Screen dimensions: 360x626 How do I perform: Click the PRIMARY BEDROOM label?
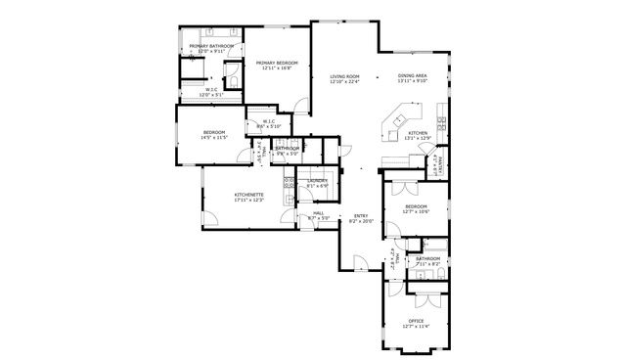pyautogui.click(x=277, y=63)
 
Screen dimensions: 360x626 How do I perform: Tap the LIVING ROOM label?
pyautogui.click(x=344, y=76)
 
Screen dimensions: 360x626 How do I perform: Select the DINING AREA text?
pyautogui.click(x=412, y=76)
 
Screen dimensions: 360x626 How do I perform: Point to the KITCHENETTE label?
pyautogui.click(x=249, y=195)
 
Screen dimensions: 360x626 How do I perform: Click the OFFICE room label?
pyautogui.click(x=416, y=321)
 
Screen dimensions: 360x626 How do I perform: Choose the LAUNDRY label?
pyautogui.click(x=317, y=181)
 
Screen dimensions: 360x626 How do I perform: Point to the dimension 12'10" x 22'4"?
pyautogui.click(x=344, y=82)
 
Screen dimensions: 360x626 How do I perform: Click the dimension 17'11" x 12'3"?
pyautogui.click(x=249, y=201)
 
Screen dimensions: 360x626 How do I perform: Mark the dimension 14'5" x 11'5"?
pyautogui.click(x=213, y=138)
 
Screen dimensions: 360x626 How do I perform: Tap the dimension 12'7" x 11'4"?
pyautogui.click(x=416, y=327)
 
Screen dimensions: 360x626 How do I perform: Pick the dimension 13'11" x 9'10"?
pyautogui.click(x=412, y=82)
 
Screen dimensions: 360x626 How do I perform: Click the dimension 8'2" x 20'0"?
pyautogui.click(x=361, y=222)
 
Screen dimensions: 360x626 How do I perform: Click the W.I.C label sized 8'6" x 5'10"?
pyautogui.click(x=269, y=121)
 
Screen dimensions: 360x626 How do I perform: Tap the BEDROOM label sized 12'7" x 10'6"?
pyautogui.click(x=417, y=206)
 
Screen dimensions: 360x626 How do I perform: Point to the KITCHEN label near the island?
pyautogui.click(x=418, y=133)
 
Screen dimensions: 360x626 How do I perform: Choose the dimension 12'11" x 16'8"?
pyautogui.click(x=277, y=68)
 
